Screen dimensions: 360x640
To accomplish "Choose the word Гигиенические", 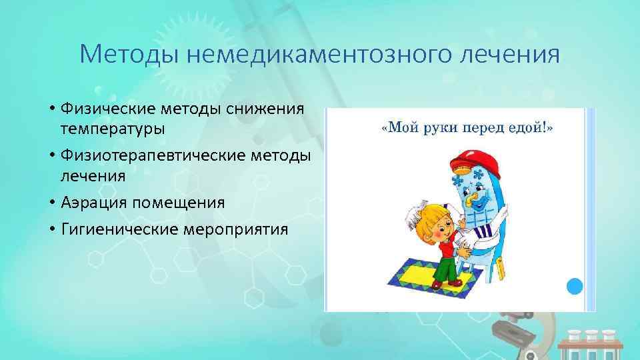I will pos(116,229).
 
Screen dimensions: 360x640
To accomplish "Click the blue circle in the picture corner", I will pos(574,287).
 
